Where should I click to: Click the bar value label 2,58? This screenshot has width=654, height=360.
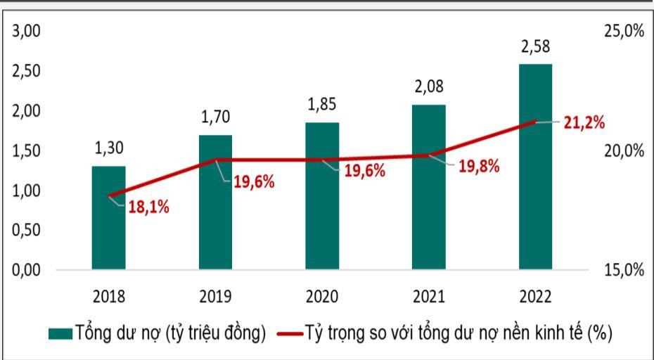point(535,48)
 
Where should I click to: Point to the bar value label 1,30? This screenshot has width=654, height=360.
point(108,149)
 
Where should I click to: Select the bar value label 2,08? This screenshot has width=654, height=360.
point(429,88)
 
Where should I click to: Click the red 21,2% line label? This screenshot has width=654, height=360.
point(584,123)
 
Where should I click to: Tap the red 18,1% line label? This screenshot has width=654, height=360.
point(148,207)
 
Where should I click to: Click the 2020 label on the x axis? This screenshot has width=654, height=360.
point(322,296)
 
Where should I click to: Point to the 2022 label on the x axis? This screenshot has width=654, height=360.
point(535,296)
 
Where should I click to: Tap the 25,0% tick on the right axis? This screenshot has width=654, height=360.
point(623,32)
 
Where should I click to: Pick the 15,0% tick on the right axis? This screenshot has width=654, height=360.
point(623,270)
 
